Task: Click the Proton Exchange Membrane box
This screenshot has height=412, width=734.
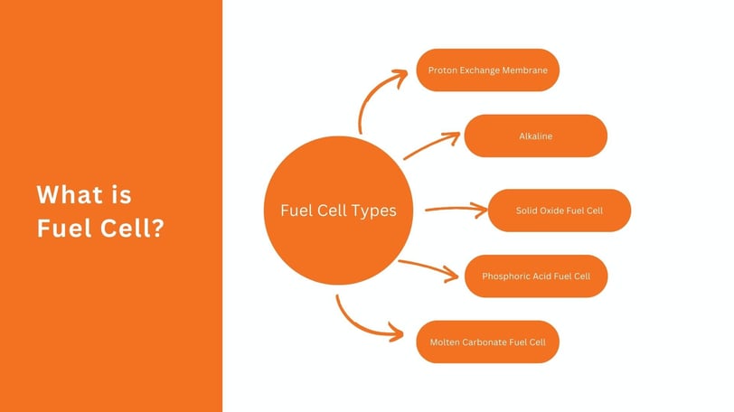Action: pos(488,70)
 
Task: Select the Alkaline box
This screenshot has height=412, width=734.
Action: pos(535,136)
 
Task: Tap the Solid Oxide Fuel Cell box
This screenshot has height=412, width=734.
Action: pos(559,211)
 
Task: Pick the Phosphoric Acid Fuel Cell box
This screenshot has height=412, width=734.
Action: pos(536,276)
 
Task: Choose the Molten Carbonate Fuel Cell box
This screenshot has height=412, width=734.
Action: pos(488,342)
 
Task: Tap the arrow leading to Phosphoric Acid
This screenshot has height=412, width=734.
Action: pos(429,267)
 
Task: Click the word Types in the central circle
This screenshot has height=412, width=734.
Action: pos(372,211)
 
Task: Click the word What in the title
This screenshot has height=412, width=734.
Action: pos(71,194)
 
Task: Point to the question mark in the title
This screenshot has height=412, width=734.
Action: pos(157,229)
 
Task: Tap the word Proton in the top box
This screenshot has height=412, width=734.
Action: pos(443,70)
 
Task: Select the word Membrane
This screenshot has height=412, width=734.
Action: pos(526,70)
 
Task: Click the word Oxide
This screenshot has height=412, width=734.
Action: pos(552,211)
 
